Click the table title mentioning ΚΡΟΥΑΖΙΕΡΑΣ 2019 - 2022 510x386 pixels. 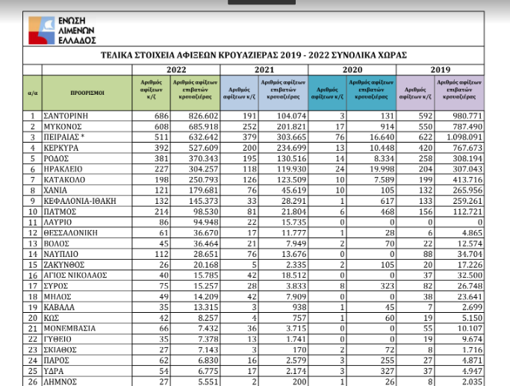pyautogui.click(x=268, y=56)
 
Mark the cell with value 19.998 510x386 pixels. pyautogui.click(x=371, y=169)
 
